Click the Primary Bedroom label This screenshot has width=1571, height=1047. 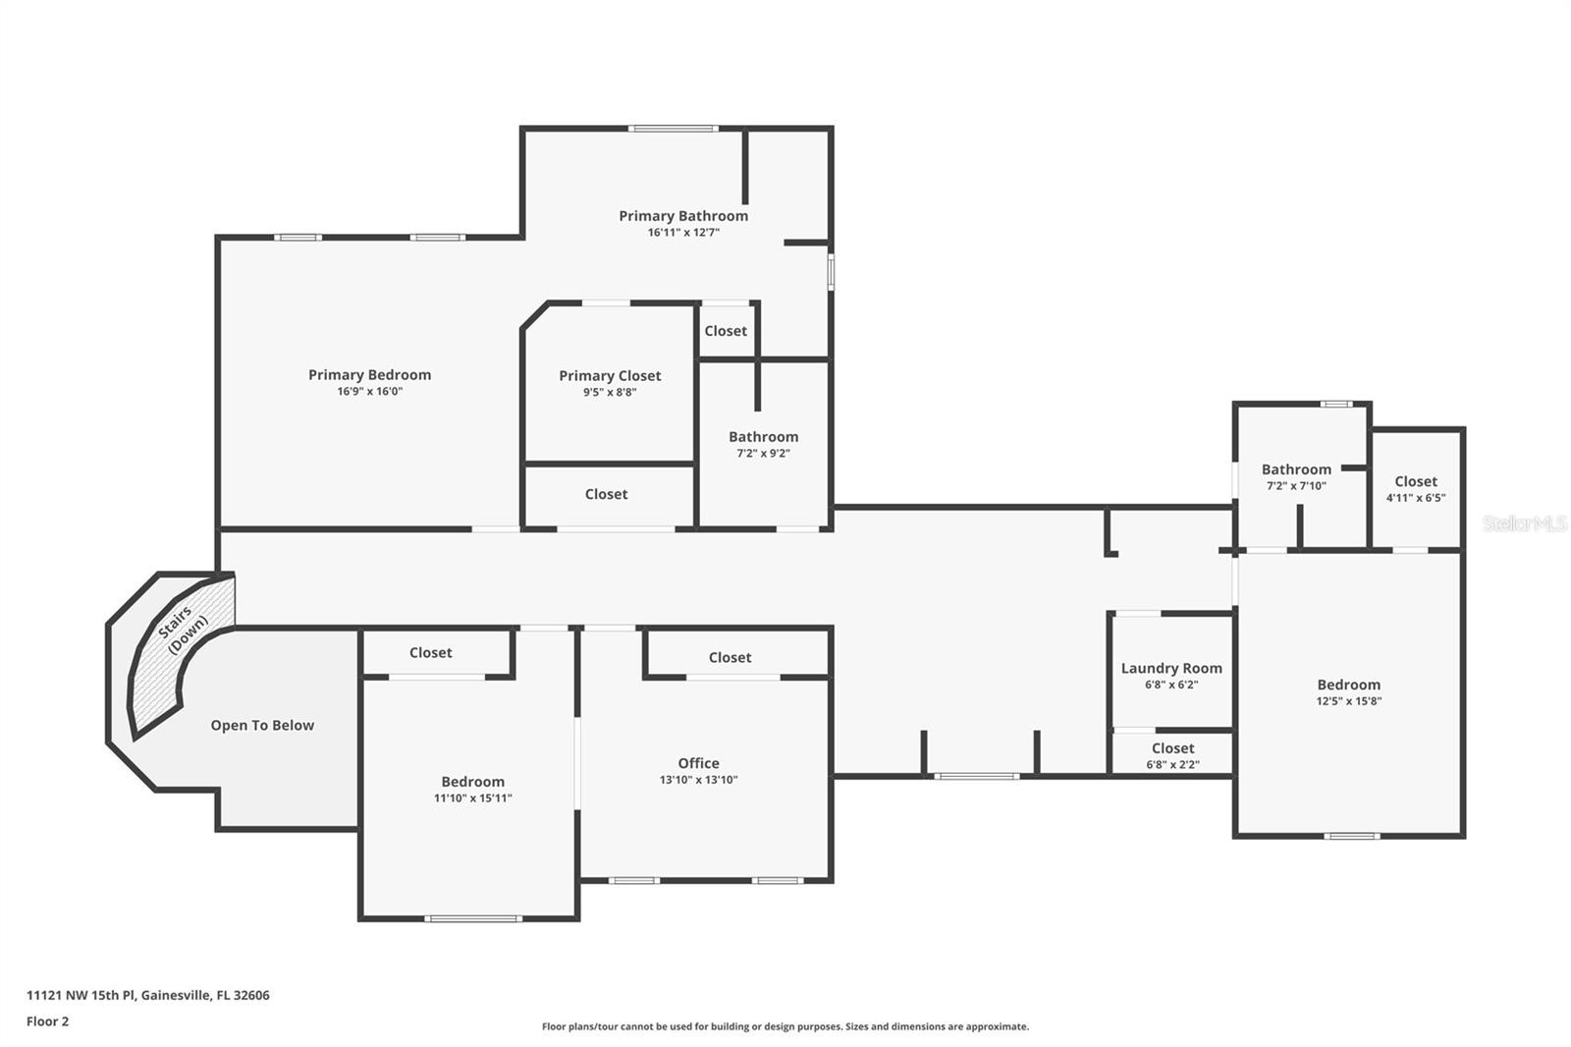369,374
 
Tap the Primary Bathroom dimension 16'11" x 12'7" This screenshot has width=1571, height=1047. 683,233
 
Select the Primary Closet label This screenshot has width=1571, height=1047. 610,375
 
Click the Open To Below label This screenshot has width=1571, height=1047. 262,725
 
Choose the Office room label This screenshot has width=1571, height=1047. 698,763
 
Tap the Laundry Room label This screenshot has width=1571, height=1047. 1171,668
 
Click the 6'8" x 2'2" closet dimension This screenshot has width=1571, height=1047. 1172,764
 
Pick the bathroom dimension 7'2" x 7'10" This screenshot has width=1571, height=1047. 1296,485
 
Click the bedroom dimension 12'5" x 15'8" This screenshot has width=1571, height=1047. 1349,701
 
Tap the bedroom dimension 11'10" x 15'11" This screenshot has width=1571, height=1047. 472,798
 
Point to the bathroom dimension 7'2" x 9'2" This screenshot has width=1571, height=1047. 763,453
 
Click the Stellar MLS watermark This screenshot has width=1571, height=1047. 1524,523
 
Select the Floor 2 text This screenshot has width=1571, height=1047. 47,1021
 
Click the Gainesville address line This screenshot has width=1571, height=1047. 147,995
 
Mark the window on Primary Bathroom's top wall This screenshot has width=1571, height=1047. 674,128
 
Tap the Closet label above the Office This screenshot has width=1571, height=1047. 730,657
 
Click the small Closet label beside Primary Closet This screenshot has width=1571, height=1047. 726,331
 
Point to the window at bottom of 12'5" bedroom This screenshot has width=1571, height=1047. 1352,836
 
